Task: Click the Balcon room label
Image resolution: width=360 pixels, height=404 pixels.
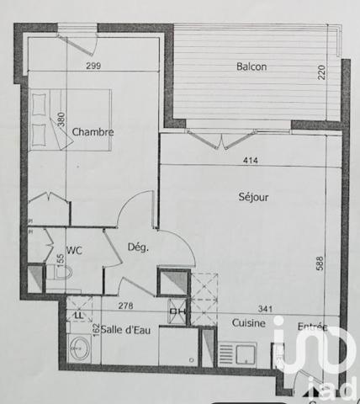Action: click(252, 66)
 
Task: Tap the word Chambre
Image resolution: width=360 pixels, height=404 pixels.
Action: click(93, 132)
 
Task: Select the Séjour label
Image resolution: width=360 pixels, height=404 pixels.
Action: click(252, 198)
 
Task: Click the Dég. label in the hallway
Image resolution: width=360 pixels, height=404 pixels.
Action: click(137, 247)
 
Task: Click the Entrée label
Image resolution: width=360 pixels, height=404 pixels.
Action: click(313, 326)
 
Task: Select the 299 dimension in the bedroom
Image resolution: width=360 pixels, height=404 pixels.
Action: click(94, 66)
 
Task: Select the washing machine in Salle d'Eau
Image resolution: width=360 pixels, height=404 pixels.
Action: click(78, 347)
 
